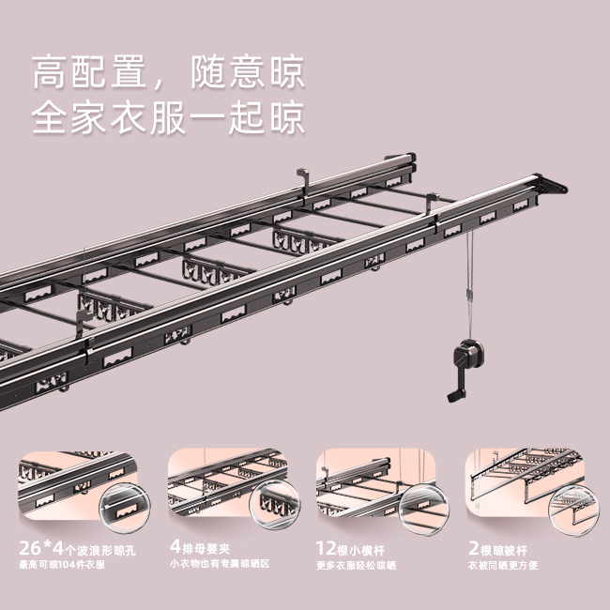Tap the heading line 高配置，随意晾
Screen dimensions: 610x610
[x=169, y=72]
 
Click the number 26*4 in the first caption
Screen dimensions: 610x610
[x=38, y=546]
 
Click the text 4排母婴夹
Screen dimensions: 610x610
[x=206, y=546]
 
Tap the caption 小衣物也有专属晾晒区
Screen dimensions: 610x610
[x=220, y=564]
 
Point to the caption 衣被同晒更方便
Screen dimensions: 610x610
[x=502, y=565]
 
